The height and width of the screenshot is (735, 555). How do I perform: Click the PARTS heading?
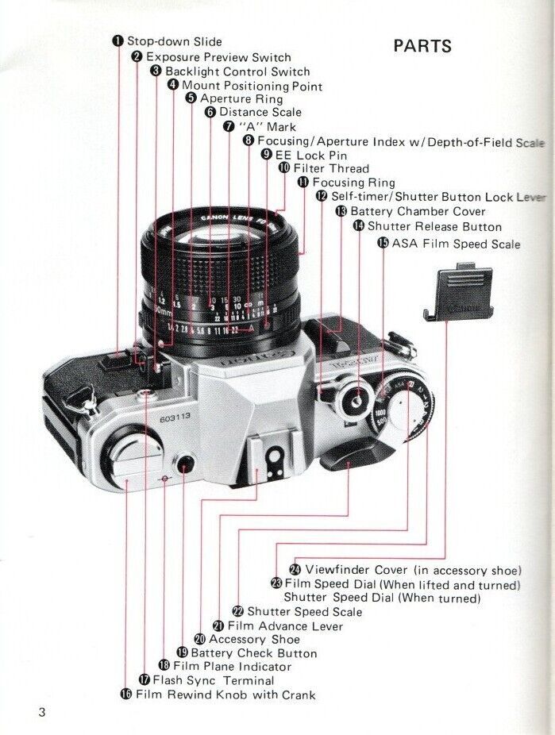tap(422, 45)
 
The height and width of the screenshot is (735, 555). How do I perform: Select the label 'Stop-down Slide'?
tap(175, 41)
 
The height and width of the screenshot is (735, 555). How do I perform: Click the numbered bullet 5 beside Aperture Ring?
tap(191, 98)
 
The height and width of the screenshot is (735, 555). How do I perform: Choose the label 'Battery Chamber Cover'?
tap(418, 211)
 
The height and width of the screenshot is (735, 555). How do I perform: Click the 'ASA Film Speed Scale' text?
tap(456, 243)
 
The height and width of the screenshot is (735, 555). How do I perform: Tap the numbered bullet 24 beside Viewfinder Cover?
tap(295, 570)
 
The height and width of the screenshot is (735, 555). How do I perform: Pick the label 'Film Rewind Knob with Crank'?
tap(225, 695)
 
